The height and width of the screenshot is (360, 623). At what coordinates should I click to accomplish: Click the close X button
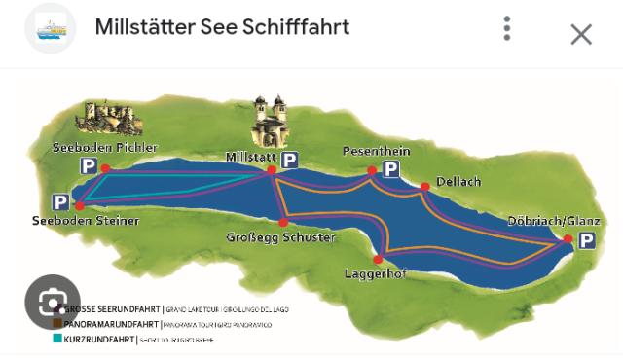[581, 35]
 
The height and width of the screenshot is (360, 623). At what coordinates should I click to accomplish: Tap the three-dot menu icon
[507, 29]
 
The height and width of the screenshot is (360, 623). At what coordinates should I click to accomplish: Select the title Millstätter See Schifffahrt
[222, 27]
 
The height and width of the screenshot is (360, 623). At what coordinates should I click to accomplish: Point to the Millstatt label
[251, 156]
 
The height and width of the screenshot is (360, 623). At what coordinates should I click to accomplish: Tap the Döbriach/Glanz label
[554, 221]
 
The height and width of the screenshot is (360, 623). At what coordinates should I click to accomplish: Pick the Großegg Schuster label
[280, 237]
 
